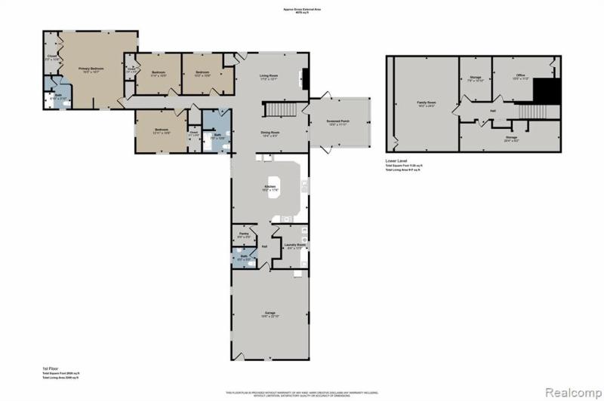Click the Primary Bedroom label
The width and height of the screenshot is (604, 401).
91,69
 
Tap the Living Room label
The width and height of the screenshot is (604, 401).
270,77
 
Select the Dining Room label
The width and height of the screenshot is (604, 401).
270,133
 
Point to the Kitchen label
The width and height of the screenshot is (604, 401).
270,188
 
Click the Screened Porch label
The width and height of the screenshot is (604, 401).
337,122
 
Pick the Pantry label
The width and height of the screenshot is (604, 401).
243,235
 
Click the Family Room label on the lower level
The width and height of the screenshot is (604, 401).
427,103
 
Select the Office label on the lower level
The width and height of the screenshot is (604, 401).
520,76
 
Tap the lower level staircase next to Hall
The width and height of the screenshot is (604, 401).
532,111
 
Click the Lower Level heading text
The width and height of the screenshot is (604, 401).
396,161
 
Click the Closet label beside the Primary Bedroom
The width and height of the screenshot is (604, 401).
52,57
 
